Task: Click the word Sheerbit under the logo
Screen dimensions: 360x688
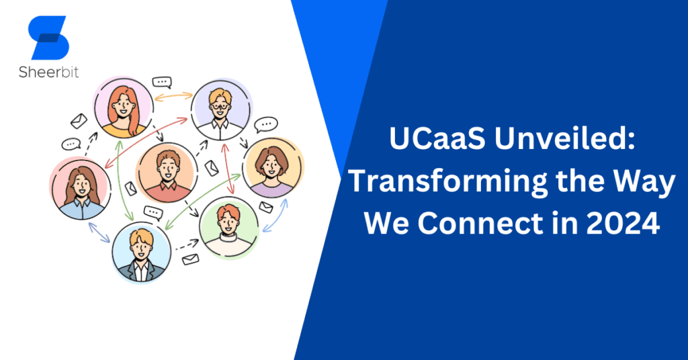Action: click(48, 71)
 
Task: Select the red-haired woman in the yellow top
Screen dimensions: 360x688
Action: click(123, 107)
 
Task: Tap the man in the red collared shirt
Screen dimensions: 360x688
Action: click(165, 173)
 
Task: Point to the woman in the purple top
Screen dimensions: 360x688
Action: click(273, 168)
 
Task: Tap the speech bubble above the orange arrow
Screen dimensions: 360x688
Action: click(162, 82)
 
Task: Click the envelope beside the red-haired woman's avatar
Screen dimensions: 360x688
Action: click(79, 121)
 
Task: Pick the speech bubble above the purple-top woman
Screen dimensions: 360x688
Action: click(267, 124)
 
